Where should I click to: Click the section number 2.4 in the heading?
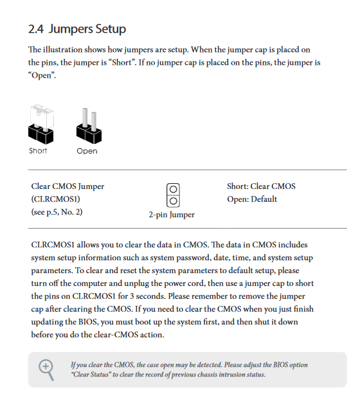point(36,29)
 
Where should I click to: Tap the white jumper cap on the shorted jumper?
point(42,116)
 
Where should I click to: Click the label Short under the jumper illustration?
point(38,150)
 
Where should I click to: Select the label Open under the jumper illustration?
point(87,151)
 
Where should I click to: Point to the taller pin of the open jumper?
point(85,117)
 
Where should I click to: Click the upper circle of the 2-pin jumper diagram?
point(173,190)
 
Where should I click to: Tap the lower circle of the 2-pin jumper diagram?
point(173,201)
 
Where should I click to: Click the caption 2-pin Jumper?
point(172,215)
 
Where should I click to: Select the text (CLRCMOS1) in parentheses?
point(55,199)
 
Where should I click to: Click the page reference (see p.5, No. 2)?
point(57,212)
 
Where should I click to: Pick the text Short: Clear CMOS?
point(261,186)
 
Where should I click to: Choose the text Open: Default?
point(252,199)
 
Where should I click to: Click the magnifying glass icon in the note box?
point(46,369)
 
